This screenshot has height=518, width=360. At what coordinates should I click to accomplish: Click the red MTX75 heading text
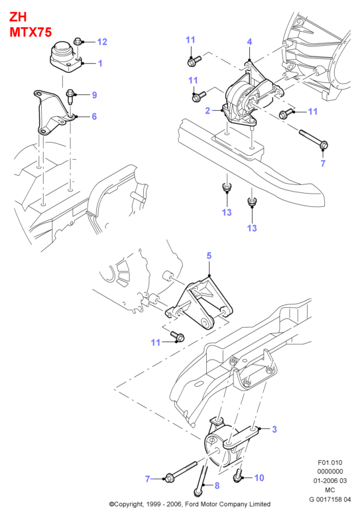tap(30, 32)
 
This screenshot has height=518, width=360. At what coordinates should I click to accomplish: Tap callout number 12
tap(102, 42)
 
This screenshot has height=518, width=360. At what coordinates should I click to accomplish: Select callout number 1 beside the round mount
tap(100, 63)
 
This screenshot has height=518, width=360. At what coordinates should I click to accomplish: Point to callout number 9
tap(94, 95)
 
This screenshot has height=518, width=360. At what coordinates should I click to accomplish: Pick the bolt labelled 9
tap(70, 96)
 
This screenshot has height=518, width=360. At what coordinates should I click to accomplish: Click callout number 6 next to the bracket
tap(94, 116)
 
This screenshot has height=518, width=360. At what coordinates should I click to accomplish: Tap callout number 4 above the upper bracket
tap(249, 42)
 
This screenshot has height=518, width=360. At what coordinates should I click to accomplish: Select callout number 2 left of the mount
tap(208, 110)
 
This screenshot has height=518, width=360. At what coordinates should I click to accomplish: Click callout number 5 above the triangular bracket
tap(209, 255)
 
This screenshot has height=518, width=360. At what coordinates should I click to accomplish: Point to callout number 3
tap(274, 429)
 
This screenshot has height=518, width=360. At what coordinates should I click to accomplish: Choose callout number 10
tap(259, 478)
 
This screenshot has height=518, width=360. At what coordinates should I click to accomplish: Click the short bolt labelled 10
tap(237, 476)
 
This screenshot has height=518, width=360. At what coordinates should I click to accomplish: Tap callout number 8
tap(217, 486)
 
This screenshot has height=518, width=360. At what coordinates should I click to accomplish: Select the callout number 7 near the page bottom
tap(148, 478)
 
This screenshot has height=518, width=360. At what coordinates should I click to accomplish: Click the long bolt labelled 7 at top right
tap(313, 139)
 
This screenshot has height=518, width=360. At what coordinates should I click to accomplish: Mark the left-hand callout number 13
tap(227, 212)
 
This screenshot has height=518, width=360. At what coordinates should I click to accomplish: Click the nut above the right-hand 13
tap(252, 202)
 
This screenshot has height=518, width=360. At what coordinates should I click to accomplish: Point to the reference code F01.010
tap(330, 462)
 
